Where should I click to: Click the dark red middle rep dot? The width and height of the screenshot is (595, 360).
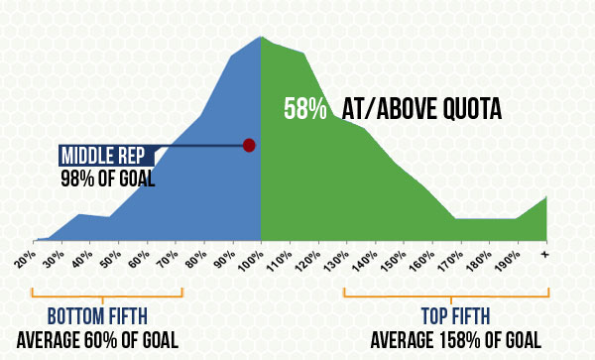tap(249, 145)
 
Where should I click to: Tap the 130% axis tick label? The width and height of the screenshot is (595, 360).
tap(337, 262)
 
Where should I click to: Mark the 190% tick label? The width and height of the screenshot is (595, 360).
tap(509, 262)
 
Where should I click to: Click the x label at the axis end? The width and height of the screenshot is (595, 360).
tap(544, 256)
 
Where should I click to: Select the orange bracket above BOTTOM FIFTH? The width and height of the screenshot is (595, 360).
tap(107, 295)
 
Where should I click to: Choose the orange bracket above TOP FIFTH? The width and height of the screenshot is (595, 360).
tap(446, 295)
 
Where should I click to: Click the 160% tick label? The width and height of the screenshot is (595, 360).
tap(423, 262)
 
